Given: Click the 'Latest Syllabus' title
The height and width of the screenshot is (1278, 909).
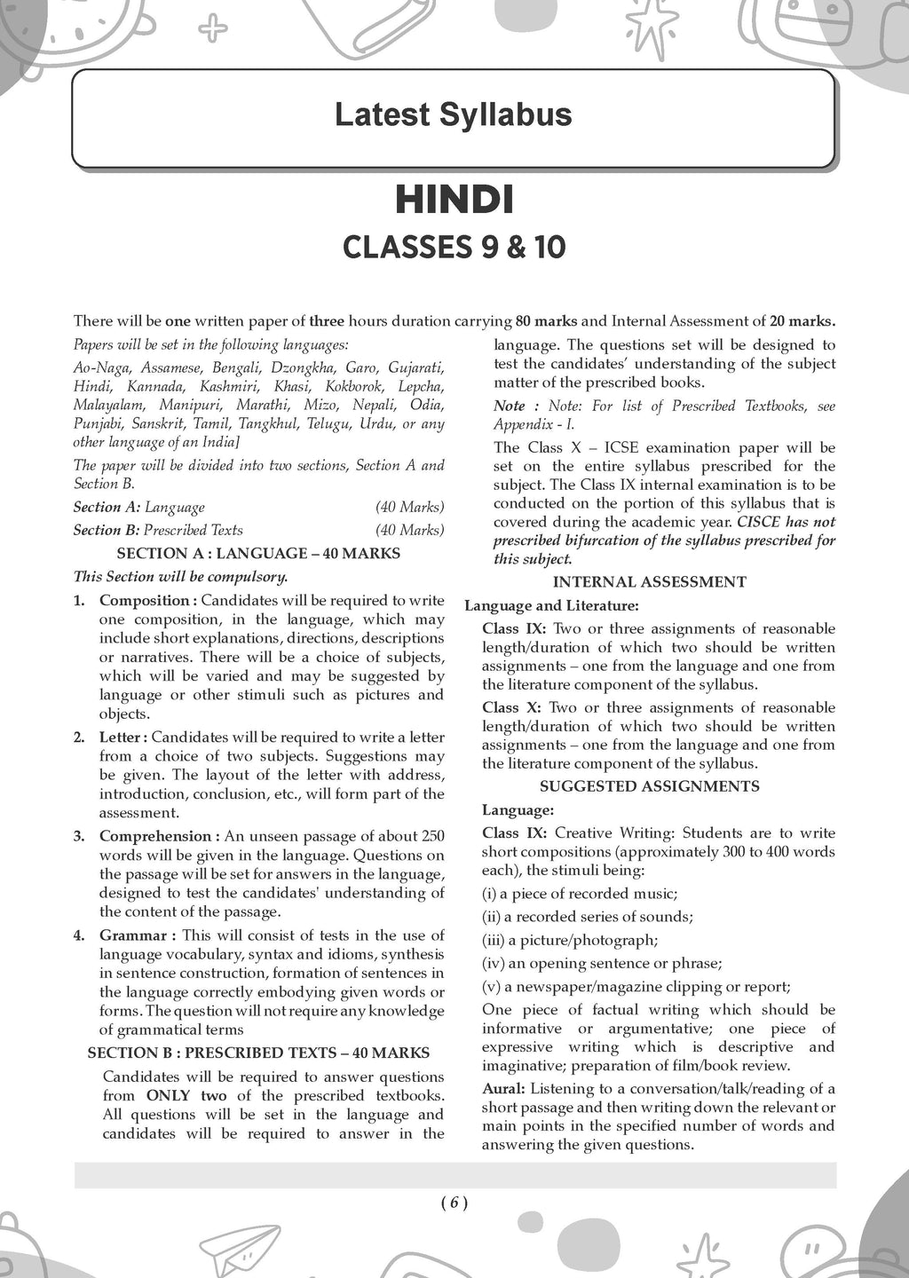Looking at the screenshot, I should click(453, 115).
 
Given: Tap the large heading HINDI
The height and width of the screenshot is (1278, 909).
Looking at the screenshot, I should click(454, 200).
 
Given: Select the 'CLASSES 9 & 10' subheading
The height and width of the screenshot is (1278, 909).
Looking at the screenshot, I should click(454, 247).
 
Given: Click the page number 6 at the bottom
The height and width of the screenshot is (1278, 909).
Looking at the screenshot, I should click(454, 1203).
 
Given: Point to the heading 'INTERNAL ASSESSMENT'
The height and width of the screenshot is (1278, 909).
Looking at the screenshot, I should click(649, 582).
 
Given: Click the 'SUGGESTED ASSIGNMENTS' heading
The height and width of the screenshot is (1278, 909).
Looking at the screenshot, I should click(649, 786).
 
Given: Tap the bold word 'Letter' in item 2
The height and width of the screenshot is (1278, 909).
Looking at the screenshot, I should click(121, 738).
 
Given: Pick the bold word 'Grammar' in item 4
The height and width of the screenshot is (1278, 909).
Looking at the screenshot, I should click(133, 935).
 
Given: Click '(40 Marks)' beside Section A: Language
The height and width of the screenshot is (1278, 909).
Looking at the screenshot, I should click(409, 508).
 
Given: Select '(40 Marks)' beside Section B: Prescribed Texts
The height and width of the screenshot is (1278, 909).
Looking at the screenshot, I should click(409, 530).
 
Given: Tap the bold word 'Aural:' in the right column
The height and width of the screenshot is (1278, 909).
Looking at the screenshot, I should click(503, 1089).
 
